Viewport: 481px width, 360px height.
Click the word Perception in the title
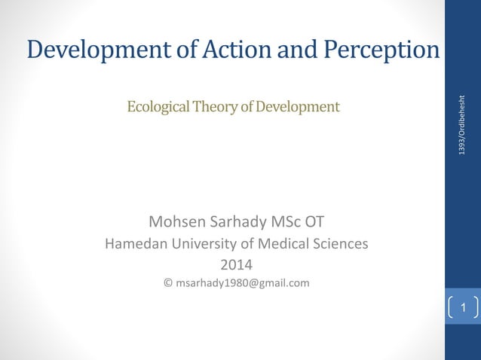tap(381, 50)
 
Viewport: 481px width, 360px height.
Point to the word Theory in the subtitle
tap(213, 107)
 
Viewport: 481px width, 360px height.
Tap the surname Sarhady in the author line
tap(244, 222)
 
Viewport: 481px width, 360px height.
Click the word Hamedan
tap(134, 244)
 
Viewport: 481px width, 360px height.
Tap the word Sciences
tap(336, 244)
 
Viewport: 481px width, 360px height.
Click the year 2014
tap(236, 264)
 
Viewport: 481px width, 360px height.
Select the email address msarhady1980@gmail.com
tap(242, 283)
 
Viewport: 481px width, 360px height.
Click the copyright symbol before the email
tap(167, 283)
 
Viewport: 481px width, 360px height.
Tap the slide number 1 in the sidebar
tap(464, 308)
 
